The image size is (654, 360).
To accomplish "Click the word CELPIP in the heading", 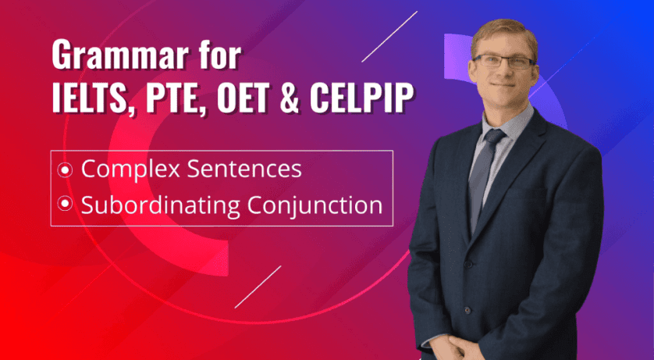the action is [x=361, y=98].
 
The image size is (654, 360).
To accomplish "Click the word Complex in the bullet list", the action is [x=130, y=169].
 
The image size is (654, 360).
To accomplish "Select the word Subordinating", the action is [x=160, y=205].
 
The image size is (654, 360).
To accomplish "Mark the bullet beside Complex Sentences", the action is [x=65, y=169].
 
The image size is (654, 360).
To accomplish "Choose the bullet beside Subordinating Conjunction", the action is [x=65, y=204].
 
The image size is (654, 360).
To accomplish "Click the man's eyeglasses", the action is [x=503, y=62].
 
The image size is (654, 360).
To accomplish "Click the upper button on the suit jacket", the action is [x=468, y=265].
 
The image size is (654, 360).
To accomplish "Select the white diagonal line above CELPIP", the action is [x=389, y=37].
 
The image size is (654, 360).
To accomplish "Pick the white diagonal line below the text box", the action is [x=258, y=287].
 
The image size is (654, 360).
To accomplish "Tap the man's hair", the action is [x=505, y=34].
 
